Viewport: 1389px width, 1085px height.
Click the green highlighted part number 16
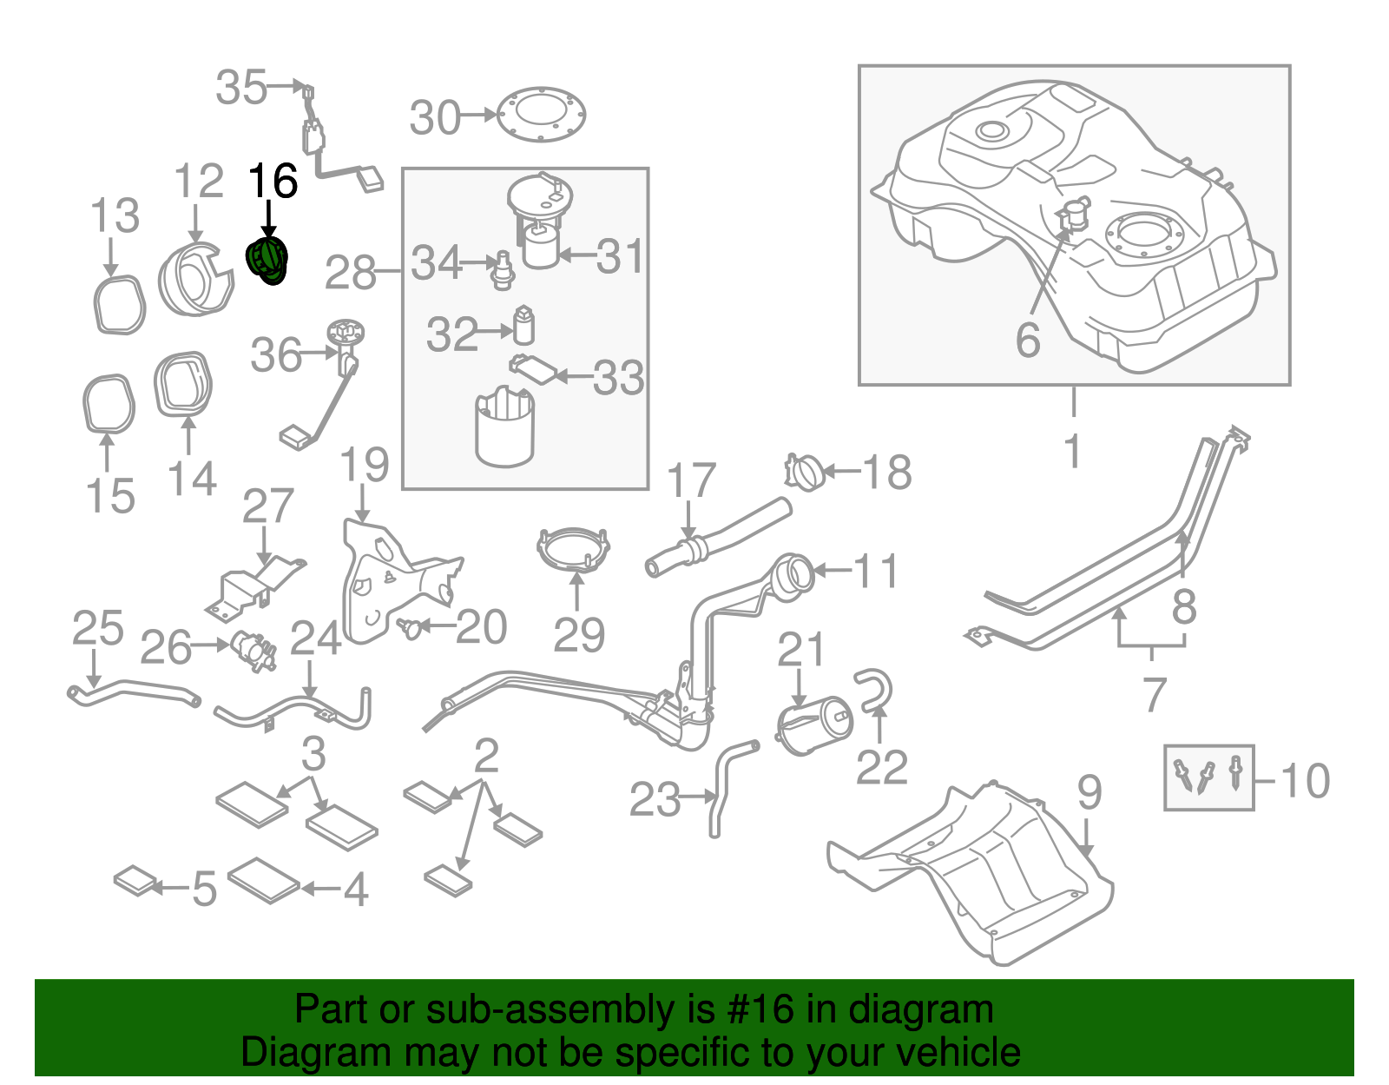point(267,261)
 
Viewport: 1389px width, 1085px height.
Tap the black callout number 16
point(273,182)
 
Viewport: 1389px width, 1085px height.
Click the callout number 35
point(240,88)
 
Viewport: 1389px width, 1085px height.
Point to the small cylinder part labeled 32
point(523,327)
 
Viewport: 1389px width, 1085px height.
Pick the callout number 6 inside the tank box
point(1028,340)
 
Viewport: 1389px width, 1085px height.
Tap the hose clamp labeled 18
point(804,472)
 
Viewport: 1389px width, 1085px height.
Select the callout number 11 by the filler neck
point(876,571)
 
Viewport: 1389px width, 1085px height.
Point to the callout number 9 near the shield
point(1089,792)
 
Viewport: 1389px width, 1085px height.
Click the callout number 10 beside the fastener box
point(1305,780)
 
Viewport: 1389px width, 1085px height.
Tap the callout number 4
point(356,890)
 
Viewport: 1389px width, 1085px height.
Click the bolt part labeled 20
point(411,626)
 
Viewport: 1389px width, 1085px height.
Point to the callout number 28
point(350,274)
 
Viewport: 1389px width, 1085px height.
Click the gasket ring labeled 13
point(119,305)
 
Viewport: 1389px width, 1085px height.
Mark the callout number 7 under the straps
point(1153,694)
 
